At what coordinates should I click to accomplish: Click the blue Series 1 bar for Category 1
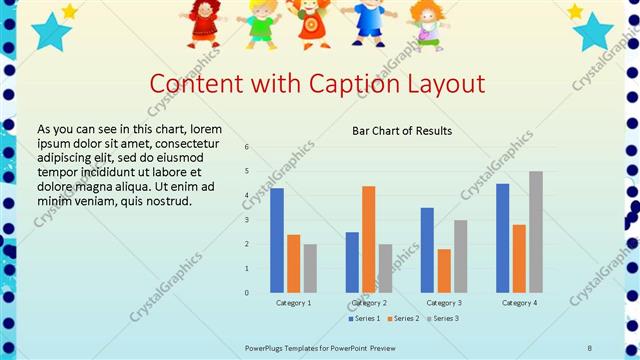(277, 240)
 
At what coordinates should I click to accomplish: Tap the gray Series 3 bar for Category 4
(536, 231)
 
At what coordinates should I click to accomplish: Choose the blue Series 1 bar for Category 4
(502, 238)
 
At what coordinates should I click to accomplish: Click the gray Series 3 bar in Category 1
(310, 268)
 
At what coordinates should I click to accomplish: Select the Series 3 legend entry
(444, 318)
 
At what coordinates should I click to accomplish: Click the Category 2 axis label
(369, 302)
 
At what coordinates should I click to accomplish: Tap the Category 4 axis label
(519, 302)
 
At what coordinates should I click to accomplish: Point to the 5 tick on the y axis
(248, 171)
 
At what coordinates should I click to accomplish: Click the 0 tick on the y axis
(248, 293)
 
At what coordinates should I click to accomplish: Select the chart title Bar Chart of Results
(402, 131)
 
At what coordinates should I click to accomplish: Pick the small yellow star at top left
(70, 11)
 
